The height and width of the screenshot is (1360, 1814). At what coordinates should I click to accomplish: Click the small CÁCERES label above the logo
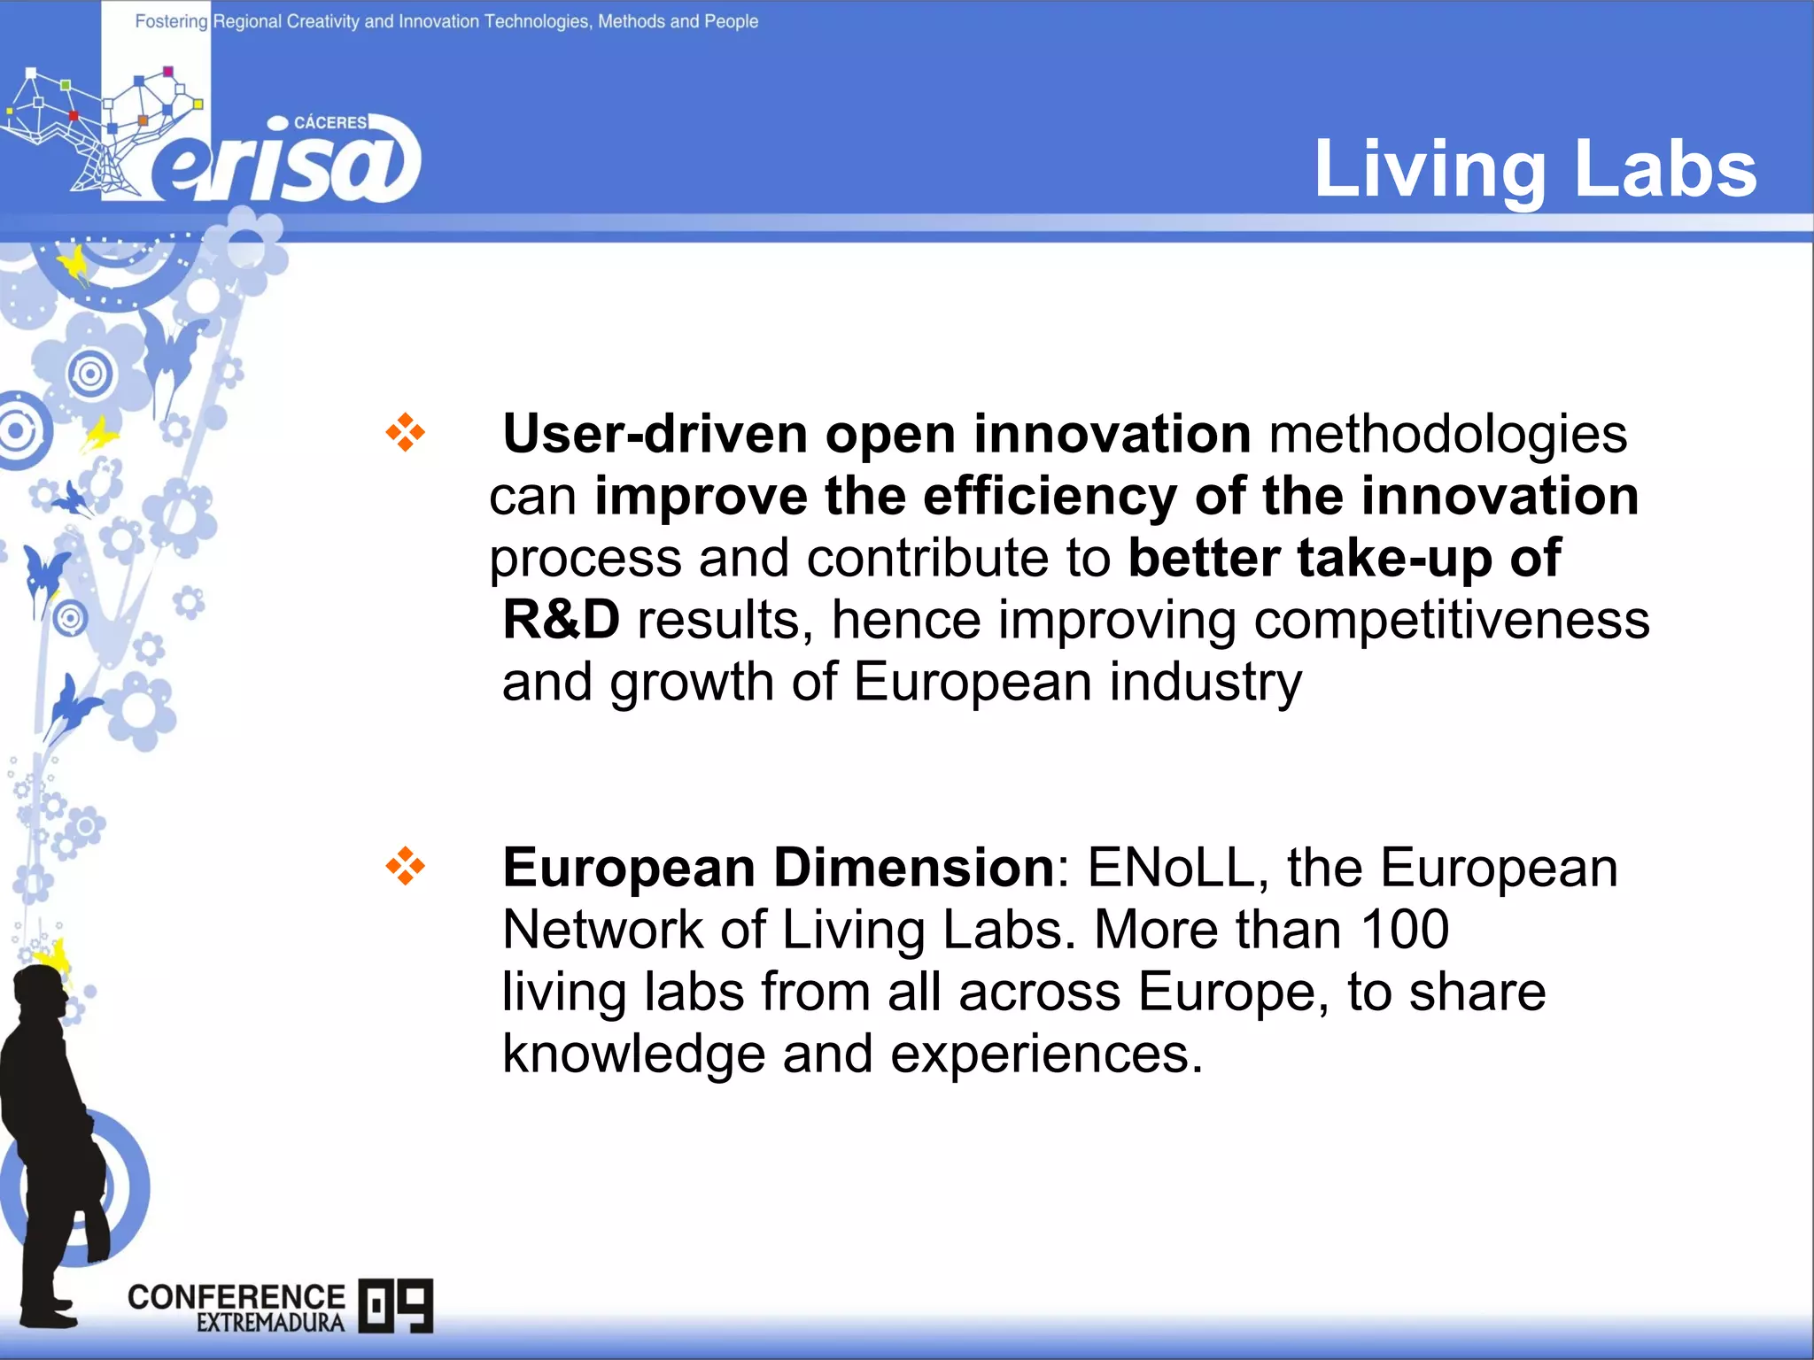(329, 122)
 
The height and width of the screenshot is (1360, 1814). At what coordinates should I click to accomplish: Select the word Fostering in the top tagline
(171, 21)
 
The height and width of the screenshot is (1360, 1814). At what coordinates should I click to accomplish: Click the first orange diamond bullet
(405, 433)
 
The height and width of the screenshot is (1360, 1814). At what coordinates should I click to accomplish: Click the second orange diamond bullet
(405, 866)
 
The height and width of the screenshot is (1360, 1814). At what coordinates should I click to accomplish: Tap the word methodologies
(1447, 434)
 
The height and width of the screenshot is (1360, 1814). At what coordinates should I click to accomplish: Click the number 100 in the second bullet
(1404, 930)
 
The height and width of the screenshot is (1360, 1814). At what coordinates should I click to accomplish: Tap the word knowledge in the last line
(633, 1054)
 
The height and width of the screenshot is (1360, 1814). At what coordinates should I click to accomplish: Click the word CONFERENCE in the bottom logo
(236, 1297)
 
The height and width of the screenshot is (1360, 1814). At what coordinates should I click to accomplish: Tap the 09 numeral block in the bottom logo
(396, 1305)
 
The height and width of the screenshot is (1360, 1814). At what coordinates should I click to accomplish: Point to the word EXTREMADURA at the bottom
(270, 1324)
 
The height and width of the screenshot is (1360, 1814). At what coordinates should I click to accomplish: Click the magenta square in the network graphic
(168, 72)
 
